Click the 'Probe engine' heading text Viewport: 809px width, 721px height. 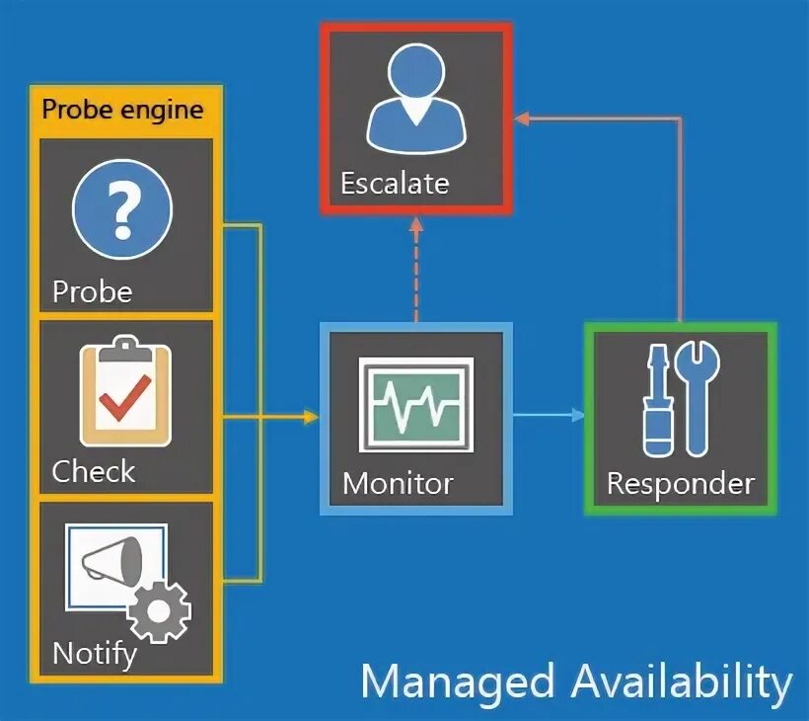point(122,110)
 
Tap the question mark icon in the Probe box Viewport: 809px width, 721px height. point(122,208)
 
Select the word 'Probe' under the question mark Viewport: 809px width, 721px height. point(92,291)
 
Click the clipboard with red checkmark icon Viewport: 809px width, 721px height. point(123,391)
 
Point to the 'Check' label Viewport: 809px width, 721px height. point(93,471)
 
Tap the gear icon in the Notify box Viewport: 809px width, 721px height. point(160,611)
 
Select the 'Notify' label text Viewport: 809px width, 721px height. point(94,653)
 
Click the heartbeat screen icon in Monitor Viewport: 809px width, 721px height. point(416,405)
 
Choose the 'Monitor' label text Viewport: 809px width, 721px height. point(398,484)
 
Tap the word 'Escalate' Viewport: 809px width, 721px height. point(395,183)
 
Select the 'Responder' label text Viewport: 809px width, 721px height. point(680,484)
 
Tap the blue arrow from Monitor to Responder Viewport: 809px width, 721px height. point(549,416)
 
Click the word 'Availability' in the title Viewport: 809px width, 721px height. point(681,682)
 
